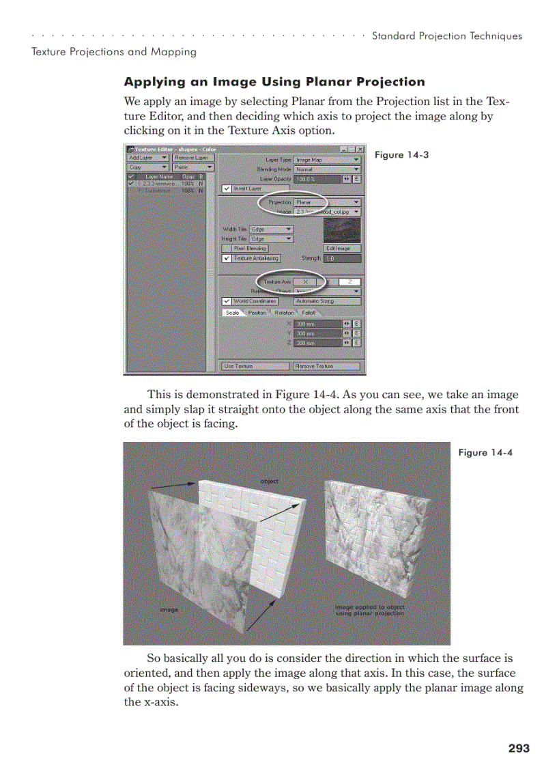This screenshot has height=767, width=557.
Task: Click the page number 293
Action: coord(519,748)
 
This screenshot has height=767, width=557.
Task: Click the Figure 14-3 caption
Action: coord(401,155)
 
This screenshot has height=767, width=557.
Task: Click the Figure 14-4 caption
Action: coord(485,453)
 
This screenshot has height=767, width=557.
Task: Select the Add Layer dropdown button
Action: coord(147,158)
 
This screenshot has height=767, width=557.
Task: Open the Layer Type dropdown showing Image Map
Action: coord(327,160)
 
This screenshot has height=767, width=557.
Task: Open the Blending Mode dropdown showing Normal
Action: coord(327,169)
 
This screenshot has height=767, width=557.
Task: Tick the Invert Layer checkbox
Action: coord(227,189)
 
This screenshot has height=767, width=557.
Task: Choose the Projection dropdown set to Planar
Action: coord(327,203)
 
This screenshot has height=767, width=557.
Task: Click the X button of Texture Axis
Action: coord(305,281)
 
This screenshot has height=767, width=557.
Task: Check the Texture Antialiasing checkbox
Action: coord(227,259)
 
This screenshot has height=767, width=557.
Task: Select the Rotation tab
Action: coord(284,313)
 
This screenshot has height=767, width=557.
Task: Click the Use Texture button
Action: coord(255,366)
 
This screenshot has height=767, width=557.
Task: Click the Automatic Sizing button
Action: coord(327,301)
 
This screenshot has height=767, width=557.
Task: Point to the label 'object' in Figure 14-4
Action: coord(270,482)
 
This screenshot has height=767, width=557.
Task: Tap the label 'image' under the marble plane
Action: coord(169,609)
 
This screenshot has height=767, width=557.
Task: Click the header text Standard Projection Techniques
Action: coord(446,36)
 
